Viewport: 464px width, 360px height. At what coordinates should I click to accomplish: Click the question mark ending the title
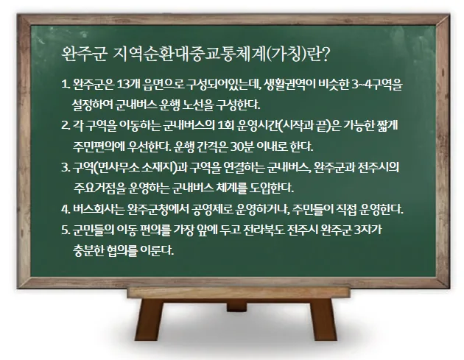click(x=326, y=55)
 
